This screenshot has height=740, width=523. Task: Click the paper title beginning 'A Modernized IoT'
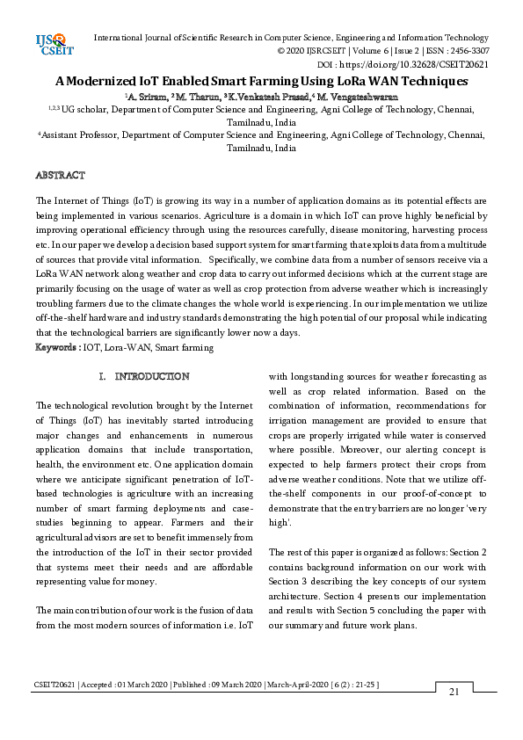coord(261,81)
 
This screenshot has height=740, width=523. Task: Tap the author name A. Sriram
coord(146,96)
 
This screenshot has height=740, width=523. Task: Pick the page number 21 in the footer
coord(454,693)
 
